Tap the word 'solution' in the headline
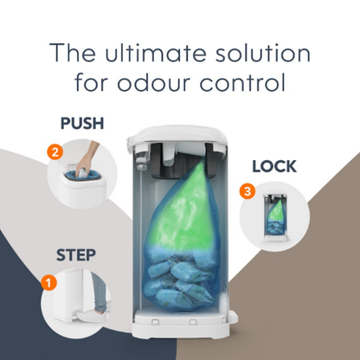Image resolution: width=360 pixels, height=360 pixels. click(x=261, y=54)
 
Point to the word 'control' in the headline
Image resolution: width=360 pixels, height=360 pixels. click(x=248, y=85)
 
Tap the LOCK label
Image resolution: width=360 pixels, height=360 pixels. click(x=274, y=165)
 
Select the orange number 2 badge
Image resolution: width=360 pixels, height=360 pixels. click(x=55, y=153)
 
